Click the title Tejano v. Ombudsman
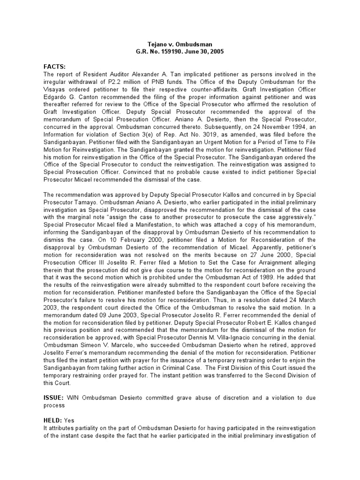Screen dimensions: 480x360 [x=180, y=44]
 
